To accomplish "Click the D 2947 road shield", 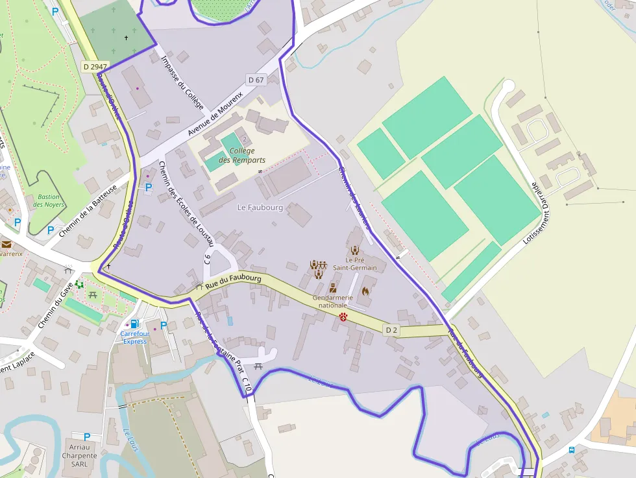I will (x=95, y=66).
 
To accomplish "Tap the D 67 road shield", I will (x=256, y=80).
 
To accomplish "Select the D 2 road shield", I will (x=391, y=329).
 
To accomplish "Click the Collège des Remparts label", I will (x=241, y=156).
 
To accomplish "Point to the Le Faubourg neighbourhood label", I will (x=260, y=208).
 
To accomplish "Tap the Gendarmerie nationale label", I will (x=333, y=301).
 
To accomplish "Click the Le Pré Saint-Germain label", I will (x=355, y=263).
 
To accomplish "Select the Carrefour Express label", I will (x=134, y=337).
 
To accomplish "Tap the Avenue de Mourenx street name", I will (x=215, y=114).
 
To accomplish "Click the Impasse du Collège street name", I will (x=182, y=82).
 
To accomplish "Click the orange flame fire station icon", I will (x=365, y=291).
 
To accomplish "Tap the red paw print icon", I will (x=343, y=317).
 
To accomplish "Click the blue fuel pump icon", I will (x=134, y=323).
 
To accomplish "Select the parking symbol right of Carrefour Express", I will (x=164, y=326).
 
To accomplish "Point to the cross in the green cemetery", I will (x=127, y=38).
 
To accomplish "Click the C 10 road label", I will (x=247, y=385).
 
